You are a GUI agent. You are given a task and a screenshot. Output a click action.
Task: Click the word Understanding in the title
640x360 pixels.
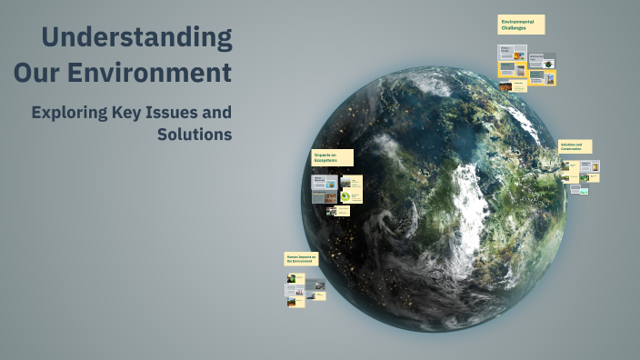136,38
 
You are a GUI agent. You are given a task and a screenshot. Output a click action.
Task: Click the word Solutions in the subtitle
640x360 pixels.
195,135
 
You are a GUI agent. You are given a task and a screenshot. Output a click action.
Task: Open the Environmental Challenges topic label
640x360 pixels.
521,25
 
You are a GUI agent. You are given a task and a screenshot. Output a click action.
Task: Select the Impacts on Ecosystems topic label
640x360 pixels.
331,158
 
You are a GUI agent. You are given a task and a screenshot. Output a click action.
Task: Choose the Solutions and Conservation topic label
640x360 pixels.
575,146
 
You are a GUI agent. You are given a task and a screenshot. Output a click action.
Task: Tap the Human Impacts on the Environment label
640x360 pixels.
301,259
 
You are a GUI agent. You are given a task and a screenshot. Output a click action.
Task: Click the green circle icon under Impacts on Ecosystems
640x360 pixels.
345,196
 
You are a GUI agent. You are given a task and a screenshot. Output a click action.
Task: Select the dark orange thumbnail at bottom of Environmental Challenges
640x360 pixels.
505,86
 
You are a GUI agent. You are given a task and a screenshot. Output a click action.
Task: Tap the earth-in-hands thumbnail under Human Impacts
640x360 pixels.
292,278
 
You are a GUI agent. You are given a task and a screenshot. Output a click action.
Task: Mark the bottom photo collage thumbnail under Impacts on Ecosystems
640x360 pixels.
332,211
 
